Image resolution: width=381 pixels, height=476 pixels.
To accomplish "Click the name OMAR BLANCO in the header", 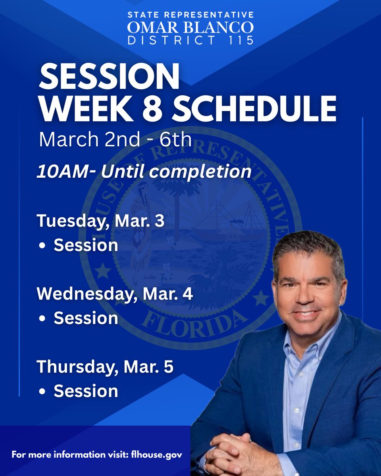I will (190, 27).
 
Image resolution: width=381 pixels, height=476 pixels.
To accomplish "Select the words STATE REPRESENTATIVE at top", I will (190, 15).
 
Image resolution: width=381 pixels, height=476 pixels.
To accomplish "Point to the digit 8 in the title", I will (158, 108).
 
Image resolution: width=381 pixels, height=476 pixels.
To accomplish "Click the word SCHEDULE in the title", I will (254, 108).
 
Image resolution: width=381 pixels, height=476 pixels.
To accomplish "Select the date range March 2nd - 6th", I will (115, 139).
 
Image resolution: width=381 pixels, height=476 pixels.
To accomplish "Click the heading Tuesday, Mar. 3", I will (100, 221).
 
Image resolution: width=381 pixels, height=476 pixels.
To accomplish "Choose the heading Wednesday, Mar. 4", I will (115, 294).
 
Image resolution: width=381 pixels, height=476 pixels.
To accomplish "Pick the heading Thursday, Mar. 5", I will (105, 367).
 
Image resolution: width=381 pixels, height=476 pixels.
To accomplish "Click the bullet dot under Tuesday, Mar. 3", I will (42, 246).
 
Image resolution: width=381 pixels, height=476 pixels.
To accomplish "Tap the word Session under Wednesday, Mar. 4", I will (86, 318).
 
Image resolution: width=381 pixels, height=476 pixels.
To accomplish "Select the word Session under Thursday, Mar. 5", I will (86, 391).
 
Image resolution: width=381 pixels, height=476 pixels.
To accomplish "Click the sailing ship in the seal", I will (216, 218).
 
